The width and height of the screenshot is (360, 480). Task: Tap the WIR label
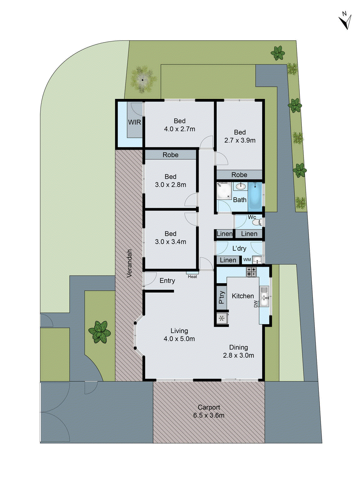click(x=134, y=122)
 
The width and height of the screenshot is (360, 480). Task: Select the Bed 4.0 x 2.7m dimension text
click(x=179, y=129)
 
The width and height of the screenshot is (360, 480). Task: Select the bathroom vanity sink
click(x=241, y=187)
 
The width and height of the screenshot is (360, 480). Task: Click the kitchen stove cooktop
click(x=251, y=271)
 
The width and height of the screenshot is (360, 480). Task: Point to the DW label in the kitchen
click(x=256, y=304)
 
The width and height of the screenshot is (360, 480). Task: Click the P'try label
click(x=222, y=297)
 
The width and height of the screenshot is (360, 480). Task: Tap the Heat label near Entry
click(x=192, y=277)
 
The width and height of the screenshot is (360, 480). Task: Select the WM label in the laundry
click(x=247, y=260)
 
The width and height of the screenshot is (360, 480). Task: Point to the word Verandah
click(x=129, y=263)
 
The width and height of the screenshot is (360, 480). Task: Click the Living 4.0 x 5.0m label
click(x=179, y=335)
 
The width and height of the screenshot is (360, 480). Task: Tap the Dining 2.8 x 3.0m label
click(x=238, y=351)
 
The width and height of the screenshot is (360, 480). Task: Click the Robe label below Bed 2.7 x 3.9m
click(x=239, y=175)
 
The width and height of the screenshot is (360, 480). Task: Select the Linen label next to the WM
click(x=228, y=260)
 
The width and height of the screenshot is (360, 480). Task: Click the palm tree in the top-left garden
click(x=142, y=79)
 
